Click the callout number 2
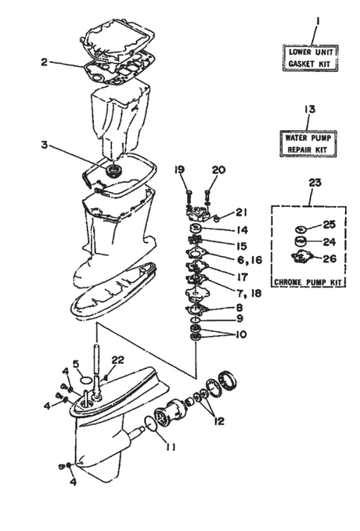pos(45,62)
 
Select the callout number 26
pos(329,256)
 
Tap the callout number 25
pos(329,226)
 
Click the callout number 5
pos(77,363)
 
